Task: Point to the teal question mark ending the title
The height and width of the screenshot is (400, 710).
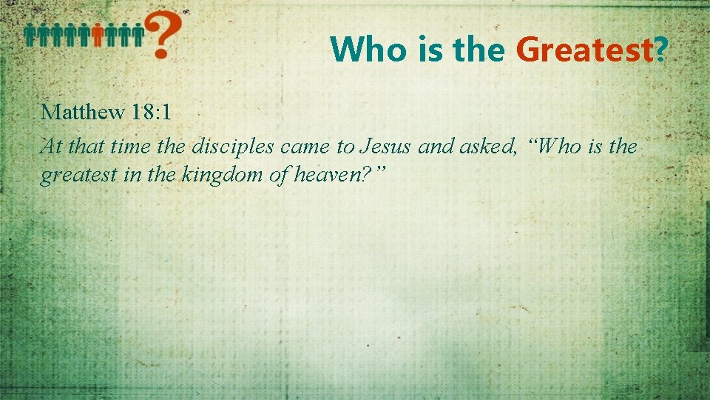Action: point(661,50)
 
